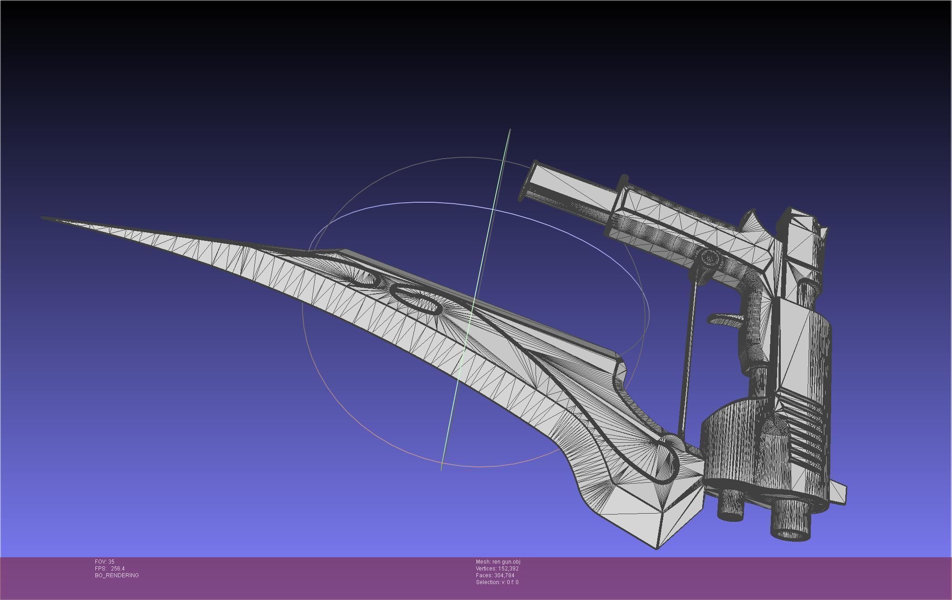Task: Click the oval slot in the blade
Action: [x=416, y=300]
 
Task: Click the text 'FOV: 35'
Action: [x=104, y=562]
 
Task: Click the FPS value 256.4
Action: [x=118, y=569]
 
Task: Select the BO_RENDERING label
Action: [x=117, y=575]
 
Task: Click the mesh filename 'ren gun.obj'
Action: [x=506, y=562]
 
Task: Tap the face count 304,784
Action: [x=504, y=575]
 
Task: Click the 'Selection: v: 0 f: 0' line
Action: [x=497, y=582]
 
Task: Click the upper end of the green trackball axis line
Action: [x=509, y=130]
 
